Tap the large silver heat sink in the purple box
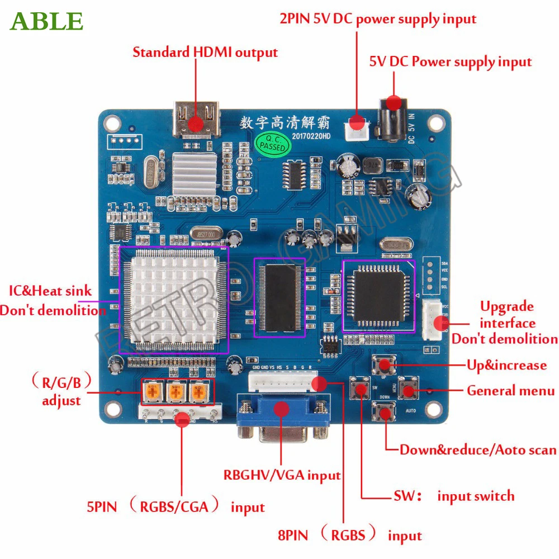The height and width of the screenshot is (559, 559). [173, 299]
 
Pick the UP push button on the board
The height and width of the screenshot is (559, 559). [384, 366]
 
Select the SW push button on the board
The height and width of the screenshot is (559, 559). [359, 390]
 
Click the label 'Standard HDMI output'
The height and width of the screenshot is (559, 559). [205, 53]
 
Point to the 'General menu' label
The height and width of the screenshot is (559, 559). [510, 391]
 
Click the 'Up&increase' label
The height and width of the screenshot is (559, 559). [506, 366]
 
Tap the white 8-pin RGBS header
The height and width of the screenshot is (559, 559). [282, 381]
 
